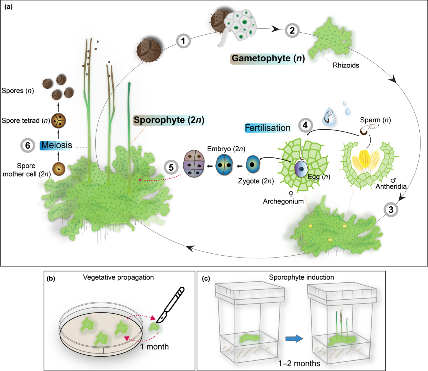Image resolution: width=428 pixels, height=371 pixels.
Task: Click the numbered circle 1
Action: [183, 41]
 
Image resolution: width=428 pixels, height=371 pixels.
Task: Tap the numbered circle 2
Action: [292, 30]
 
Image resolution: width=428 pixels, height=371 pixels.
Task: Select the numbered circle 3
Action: [391, 209]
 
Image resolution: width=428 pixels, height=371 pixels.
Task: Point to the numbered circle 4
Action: [305, 125]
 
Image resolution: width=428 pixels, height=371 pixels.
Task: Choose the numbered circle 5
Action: [171, 167]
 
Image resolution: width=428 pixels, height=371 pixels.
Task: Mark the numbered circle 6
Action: [28, 145]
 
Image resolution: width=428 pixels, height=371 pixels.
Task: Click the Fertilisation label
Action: [267, 128]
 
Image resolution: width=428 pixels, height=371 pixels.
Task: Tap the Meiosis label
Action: [57, 145]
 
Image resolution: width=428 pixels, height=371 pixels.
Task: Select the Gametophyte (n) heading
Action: [268, 58]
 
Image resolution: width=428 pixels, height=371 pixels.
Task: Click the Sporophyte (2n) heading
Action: [169, 120]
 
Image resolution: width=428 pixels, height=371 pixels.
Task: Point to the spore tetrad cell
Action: [59, 121]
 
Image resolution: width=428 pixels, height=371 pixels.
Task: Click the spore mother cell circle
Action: [59, 169]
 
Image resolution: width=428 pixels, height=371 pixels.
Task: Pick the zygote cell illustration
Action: [253, 164]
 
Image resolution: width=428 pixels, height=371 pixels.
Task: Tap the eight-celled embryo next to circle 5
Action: [194, 164]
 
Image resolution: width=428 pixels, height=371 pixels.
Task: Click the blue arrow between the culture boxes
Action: [294, 338]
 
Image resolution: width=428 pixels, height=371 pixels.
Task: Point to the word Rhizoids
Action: [346, 65]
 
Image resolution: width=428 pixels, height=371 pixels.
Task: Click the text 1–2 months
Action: [299, 363]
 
